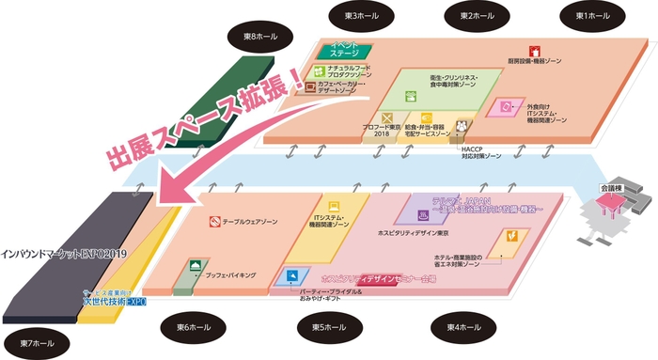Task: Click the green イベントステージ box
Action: (349, 51)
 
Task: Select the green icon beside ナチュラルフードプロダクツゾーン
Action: (320, 70)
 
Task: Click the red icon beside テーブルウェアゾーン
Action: (215, 223)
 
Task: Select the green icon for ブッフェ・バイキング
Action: (195, 266)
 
